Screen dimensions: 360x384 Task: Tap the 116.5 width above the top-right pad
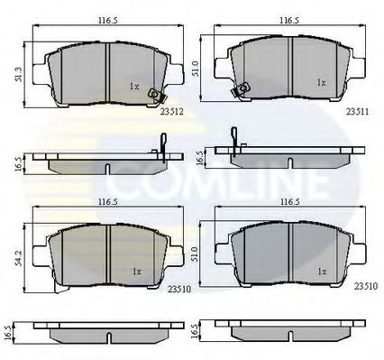(x=288, y=18)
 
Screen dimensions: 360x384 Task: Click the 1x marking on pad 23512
(x=133, y=86)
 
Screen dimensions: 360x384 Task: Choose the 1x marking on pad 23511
(x=320, y=82)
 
